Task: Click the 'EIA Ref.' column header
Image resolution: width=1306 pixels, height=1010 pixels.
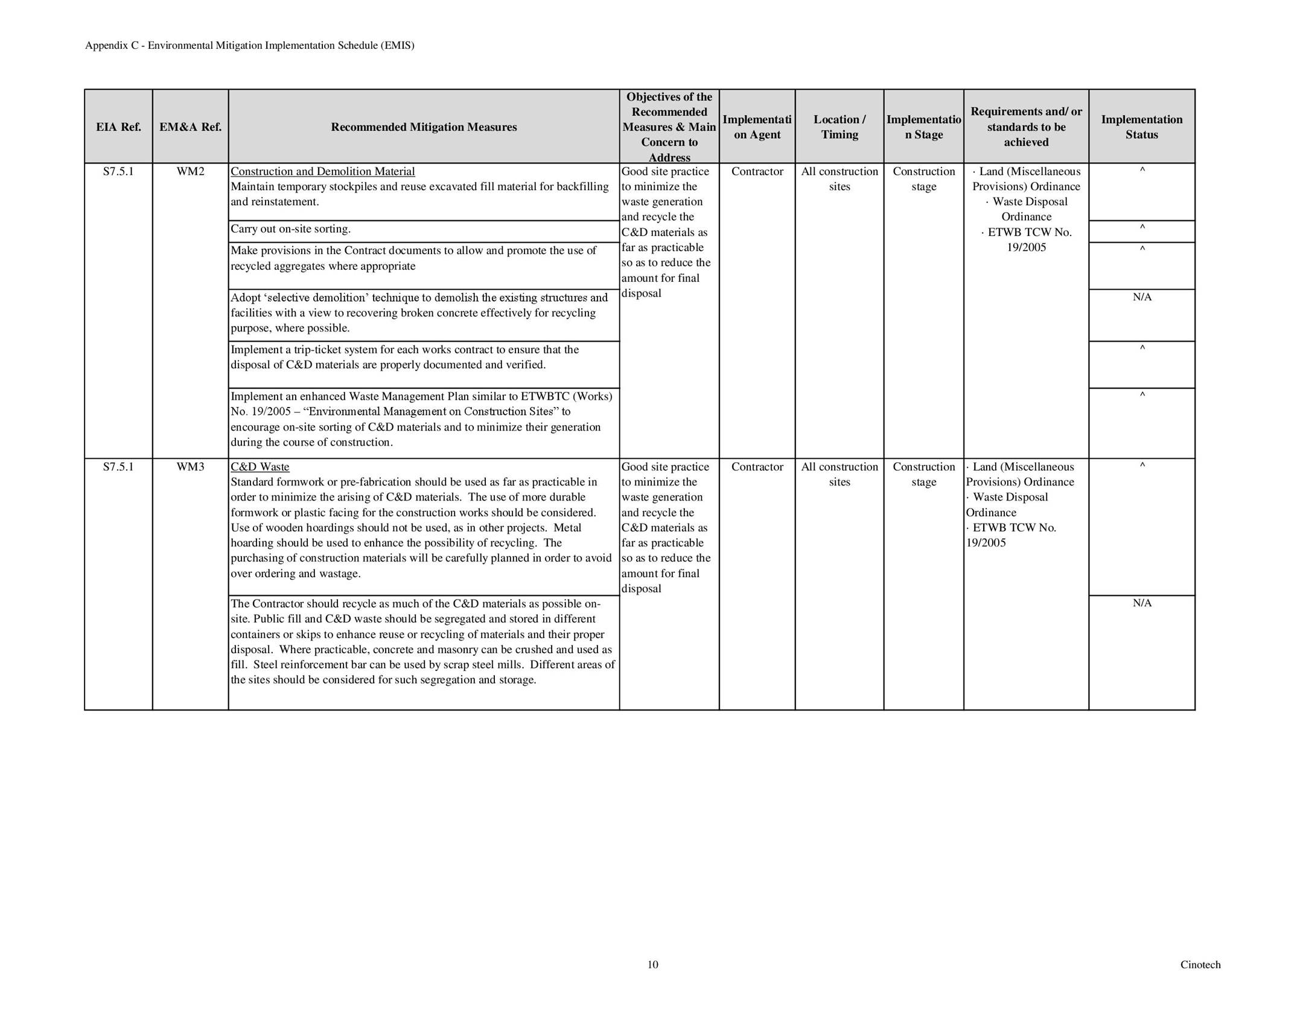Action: tap(118, 127)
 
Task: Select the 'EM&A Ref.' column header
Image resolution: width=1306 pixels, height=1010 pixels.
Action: tap(190, 127)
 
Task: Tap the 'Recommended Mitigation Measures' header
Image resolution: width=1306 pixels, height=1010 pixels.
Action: tap(424, 127)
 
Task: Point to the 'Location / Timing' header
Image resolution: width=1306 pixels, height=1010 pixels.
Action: tap(839, 127)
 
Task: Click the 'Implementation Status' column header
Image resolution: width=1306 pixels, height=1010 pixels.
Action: tap(1141, 127)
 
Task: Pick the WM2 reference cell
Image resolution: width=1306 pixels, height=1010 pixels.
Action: tap(190, 171)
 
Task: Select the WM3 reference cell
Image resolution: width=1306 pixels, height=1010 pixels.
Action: tap(190, 467)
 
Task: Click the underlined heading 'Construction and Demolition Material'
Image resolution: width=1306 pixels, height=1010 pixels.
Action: tap(323, 171)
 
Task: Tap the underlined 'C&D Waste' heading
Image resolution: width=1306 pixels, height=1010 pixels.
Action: tap(260, 467)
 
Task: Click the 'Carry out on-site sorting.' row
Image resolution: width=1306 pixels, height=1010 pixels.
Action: tap(291, 229)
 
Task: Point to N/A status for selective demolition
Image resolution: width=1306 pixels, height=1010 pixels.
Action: tap(1142, 297)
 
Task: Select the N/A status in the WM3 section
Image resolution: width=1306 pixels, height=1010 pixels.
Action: tap(1142, 603)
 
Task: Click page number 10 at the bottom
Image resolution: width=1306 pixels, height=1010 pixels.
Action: tap(653, 965)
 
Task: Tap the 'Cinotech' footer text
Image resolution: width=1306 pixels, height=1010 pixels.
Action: tap(1200, 965)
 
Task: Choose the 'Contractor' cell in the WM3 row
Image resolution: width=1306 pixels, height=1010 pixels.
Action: tap(757, 467)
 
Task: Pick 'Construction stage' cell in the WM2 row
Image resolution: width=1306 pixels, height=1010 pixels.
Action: tap(923, 179)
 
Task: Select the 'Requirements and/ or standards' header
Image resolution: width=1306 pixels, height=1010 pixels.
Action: tap(1026, 127)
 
